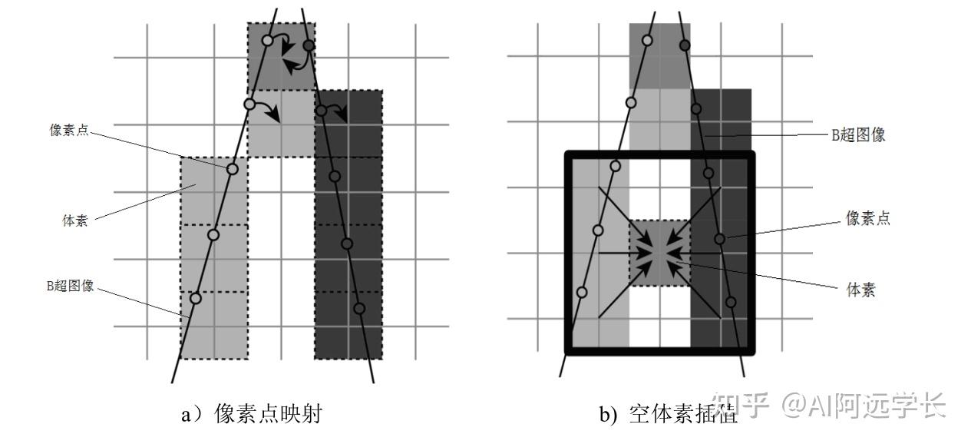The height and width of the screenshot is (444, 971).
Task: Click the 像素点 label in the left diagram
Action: (69, 130)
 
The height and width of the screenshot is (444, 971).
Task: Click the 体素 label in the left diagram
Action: (74, 221)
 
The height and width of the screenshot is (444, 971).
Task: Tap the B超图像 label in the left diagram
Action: (70, 286)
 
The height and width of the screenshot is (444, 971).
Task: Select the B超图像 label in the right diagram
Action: (859, 134)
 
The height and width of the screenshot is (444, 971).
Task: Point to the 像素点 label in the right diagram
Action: (867, 219)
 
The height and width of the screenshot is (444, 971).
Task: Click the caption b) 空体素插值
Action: (668, 416)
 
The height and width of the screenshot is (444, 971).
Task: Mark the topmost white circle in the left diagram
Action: (267, 40)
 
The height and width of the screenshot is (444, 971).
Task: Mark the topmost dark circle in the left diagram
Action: (309, 46)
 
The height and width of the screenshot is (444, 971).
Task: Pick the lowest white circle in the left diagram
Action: (196, 298)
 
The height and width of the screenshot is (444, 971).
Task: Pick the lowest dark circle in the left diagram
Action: (358, 308)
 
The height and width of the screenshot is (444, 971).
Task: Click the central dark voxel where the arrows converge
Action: (659, 254)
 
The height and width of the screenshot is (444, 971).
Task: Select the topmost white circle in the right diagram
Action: (647, 41)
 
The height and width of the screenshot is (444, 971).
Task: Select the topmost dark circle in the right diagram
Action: (685, 45)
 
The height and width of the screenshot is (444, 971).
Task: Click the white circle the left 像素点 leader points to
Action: (233, 168)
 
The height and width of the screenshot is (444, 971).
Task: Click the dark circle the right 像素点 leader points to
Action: (719, 239)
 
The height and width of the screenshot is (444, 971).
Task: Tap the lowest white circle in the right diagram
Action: (582, 292)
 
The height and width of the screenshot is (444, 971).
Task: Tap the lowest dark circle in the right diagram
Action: (731, 302)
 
